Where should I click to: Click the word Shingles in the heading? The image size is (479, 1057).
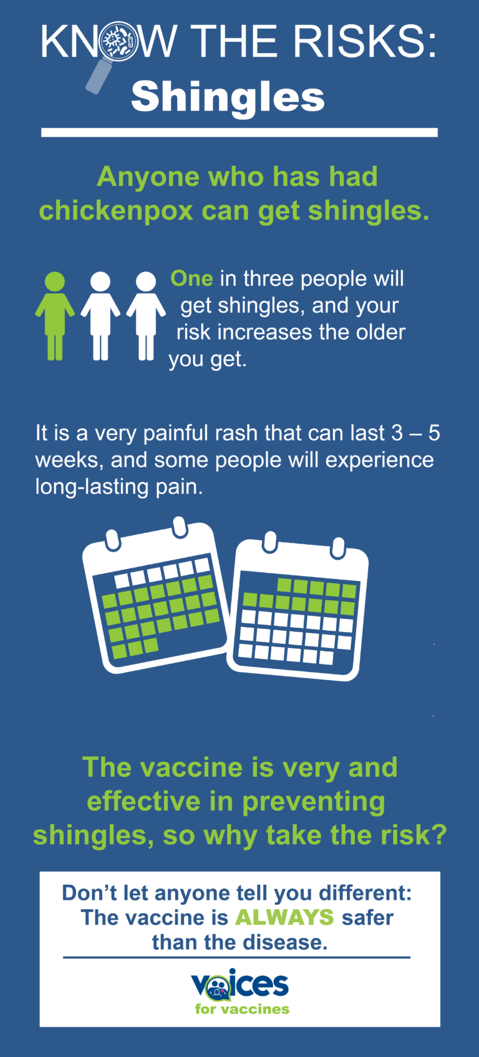coord(228,97)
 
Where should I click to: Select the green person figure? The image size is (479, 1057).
coord(55,315)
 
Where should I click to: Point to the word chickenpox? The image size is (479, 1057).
coord(116,210)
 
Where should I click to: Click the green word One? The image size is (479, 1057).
coord(191,278)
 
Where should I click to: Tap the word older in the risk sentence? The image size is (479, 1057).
coord(380,332)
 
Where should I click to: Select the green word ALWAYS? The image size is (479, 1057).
coord(284,917)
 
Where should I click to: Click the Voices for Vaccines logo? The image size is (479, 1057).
coord(240,991)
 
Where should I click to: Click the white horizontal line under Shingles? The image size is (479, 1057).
coord(239,132)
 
